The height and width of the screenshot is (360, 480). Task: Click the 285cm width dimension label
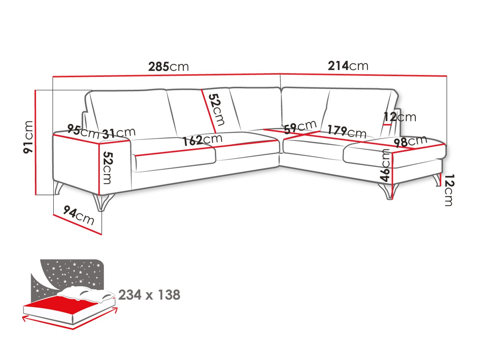click(168, 67)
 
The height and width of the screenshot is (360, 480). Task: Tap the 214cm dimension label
click(348, 66)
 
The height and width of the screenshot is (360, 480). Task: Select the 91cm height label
click(28, 137)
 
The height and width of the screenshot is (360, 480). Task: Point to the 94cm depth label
click(79, 215)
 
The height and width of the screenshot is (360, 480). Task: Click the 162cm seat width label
click(202, 140)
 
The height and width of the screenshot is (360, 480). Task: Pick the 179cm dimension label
click(347, 132)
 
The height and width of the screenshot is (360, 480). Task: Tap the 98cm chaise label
click(410, 141)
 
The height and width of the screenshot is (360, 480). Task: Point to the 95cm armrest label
click(83, 131)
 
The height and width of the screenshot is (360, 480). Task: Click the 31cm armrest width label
click(119, 133)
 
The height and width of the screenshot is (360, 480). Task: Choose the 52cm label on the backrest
click(217, 109)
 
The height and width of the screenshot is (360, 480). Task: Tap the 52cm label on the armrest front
click(107, 168)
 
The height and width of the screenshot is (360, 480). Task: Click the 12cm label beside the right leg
click(449, 190)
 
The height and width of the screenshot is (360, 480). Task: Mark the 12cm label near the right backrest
click(399, 117)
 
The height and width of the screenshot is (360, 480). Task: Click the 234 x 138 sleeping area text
click(149, 295)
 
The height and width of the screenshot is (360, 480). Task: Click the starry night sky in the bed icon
click(72, 272)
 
